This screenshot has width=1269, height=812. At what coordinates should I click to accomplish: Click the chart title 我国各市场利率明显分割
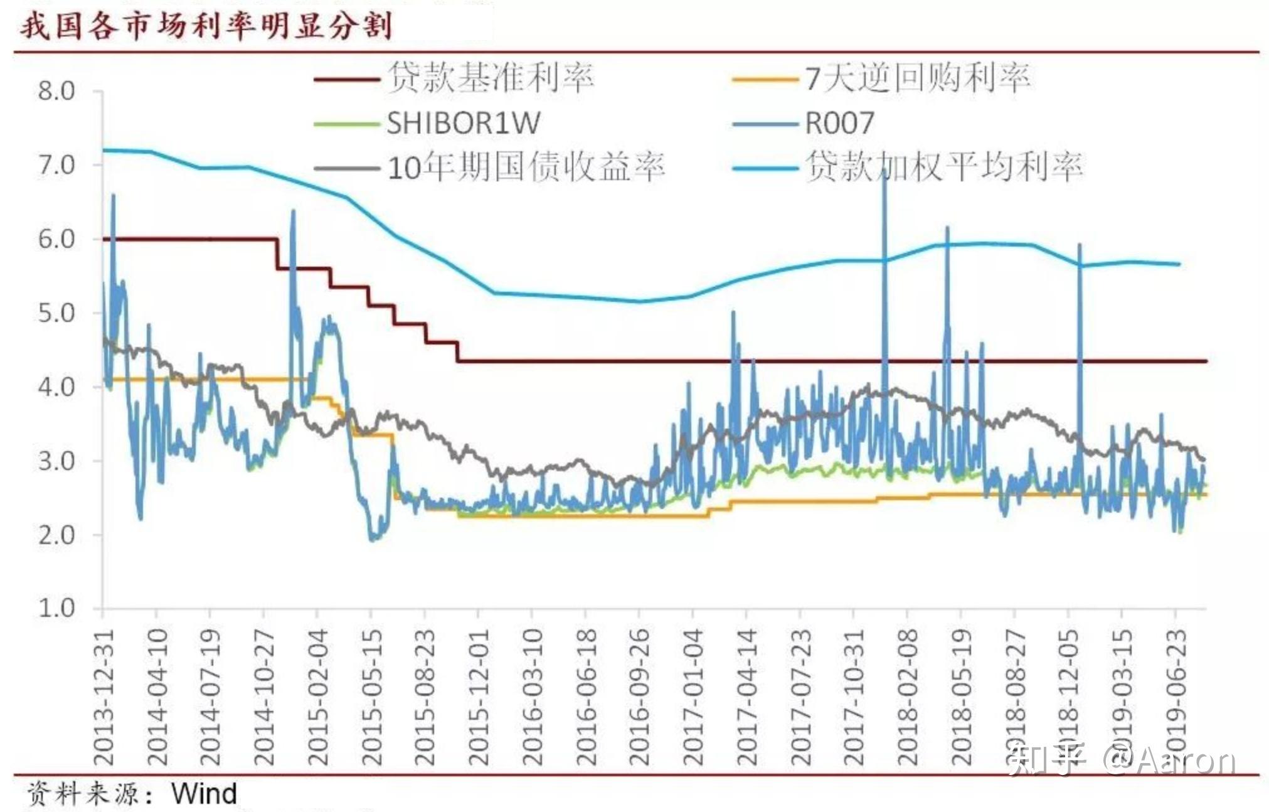[206, 26]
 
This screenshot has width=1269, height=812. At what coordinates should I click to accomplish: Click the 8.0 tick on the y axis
[56, 91]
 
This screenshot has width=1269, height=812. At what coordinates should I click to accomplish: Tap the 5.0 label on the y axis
[56, 313]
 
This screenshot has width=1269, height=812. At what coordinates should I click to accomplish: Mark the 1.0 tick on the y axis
[56, 608]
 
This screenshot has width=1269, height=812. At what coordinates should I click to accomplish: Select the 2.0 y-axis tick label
[56, 535]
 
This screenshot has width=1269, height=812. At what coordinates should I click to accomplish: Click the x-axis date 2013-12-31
[104, 697]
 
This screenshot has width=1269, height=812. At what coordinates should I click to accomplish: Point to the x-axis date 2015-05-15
[372, 697]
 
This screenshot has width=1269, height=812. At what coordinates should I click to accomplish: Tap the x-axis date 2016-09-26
[639, 697]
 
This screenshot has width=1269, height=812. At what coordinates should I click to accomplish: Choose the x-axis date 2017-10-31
[854, 697]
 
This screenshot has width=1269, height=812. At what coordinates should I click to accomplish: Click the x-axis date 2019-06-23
[1176, 697]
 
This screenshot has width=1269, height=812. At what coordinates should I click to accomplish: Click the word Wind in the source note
[204, 794]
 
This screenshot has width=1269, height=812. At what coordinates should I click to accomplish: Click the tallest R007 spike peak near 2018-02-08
[884, 171]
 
